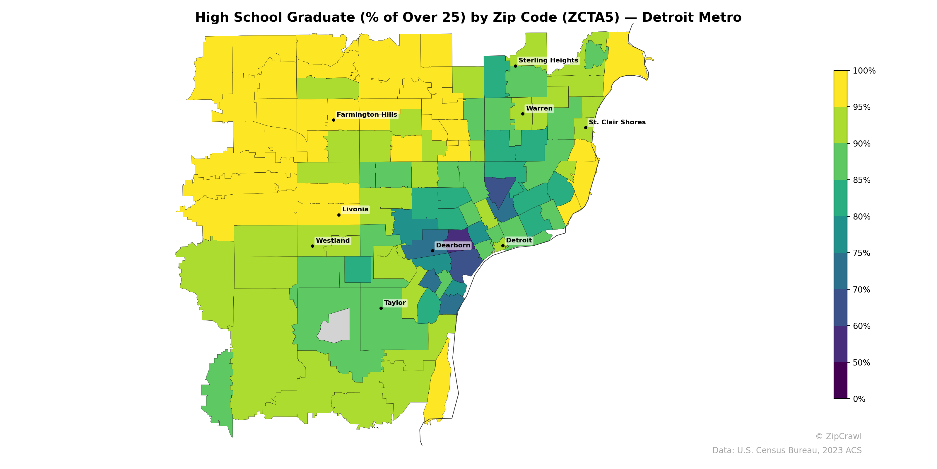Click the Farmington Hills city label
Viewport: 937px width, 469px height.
coord(367,115)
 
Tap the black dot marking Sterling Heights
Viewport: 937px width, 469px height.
coord(515,66)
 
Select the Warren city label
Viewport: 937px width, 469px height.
coord(539,108)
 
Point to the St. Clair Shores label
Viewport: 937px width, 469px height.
coord(617,122)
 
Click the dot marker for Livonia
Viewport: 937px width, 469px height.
coord(339,215)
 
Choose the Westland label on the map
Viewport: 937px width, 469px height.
coord(332,241)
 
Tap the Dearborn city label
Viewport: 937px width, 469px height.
coord(453,245)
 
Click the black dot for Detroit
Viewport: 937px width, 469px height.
coord(503,246)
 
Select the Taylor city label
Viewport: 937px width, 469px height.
coord(395,303)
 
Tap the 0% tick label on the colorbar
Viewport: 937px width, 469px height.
coord(859,399)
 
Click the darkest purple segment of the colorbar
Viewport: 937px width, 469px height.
coord(840,380)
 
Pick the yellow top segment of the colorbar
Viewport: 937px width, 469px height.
coord(840,89)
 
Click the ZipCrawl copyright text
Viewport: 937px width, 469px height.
coord(838,436)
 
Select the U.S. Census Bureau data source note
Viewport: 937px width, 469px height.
coord(787,451)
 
